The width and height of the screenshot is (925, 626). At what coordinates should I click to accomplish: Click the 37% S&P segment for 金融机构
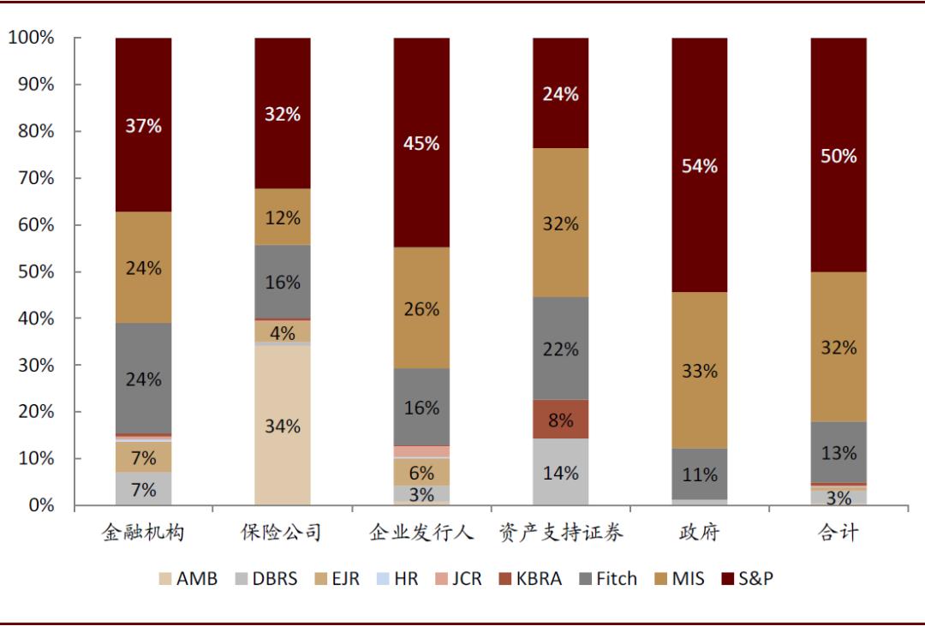(144, 125)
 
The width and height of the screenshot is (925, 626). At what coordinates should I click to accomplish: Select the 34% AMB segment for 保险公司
(283, 426)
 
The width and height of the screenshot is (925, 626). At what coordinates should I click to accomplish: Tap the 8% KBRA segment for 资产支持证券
(560, 419)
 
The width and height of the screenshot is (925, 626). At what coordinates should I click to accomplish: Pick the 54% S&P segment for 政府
(699, 165)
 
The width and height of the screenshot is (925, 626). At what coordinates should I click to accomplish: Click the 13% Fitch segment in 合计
(838, 452)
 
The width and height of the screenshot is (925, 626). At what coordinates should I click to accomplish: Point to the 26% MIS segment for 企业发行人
(421, 308)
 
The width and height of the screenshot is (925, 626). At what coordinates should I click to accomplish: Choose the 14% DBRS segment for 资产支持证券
(560, 472)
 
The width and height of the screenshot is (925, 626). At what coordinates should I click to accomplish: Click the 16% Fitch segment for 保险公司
(283, 281)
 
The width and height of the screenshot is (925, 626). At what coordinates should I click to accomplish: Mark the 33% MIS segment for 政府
(699, 371)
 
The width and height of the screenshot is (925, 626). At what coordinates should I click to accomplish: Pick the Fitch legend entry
(606, 579)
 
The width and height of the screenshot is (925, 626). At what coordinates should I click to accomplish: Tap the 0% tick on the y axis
(40, 505)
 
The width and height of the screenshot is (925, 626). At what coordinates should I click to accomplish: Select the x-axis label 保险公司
(282, 533)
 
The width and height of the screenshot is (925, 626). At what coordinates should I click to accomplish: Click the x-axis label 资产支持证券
(560, 533)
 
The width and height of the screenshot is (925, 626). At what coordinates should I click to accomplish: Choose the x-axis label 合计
(838, 533)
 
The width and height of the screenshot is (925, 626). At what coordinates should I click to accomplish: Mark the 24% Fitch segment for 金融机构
(144, 379)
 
